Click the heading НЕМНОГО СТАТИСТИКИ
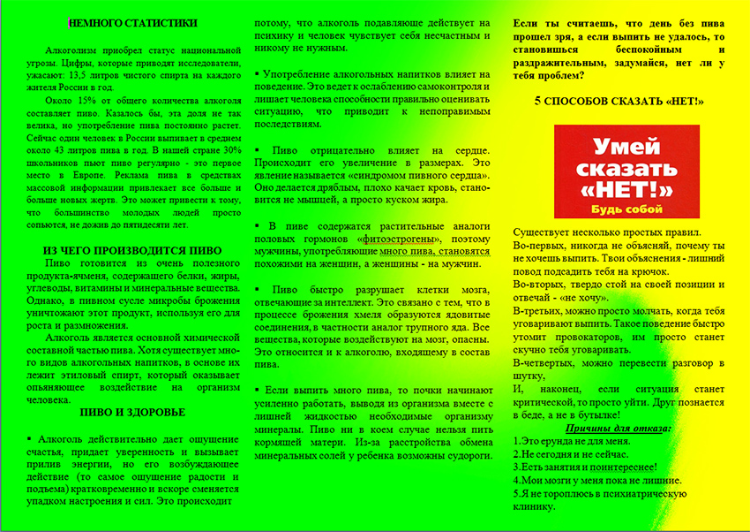[x=133, y=23]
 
